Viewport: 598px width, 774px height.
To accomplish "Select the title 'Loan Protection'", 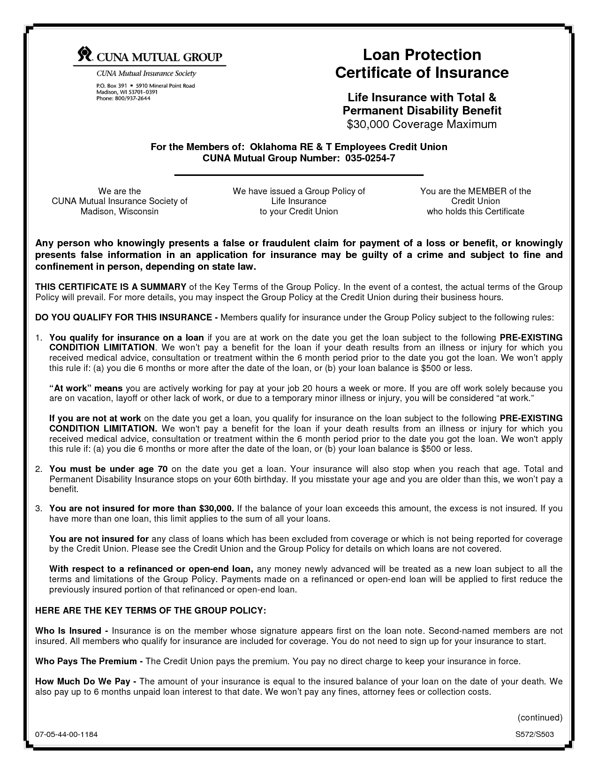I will point(422,55).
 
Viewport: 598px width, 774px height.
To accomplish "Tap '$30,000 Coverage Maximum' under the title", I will point(421,124).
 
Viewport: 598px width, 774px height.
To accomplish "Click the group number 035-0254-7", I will point(370,158).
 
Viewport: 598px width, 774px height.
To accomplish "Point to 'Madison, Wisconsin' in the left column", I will point(119,212).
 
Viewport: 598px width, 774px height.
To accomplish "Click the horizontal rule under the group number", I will point(299,175).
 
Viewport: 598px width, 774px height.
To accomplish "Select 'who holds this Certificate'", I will point(475,212).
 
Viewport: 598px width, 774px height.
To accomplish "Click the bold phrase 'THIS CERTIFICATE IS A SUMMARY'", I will point(111,287).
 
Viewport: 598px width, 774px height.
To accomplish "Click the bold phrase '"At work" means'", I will point(86,388).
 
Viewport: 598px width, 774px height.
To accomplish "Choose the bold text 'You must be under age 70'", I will point(108,469).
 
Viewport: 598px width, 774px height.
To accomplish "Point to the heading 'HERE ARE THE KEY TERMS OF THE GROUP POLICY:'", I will point(151,610).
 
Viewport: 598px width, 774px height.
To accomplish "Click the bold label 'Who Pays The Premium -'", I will point(89,661).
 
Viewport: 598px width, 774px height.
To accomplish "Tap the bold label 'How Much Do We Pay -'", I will point(86,682).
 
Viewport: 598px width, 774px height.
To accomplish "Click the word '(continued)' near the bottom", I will point(539,717).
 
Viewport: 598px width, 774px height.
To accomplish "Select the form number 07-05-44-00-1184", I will point(66,735).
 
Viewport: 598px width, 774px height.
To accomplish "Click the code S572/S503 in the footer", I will point(535,735).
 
